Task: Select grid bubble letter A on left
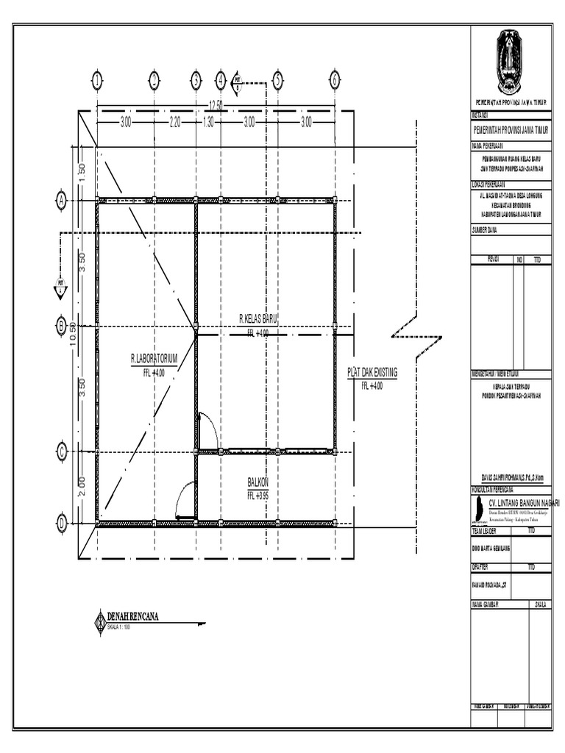(x=62, y=199)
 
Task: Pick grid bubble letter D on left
(x=62, y=524)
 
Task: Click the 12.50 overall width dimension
(x=216, y=104)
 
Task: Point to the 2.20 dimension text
(x=175, y=123)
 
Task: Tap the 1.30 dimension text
(x=207, y=123)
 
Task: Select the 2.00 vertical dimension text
(x=82, y=487)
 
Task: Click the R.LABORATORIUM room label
(x=154, y=359)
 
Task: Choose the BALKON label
(x=258, y=482)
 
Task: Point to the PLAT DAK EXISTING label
(x=372, y=373)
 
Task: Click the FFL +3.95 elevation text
(x=258, y=496)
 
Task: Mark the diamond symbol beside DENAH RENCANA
(x=100, y=621)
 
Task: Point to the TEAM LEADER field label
(x=485, y=529)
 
